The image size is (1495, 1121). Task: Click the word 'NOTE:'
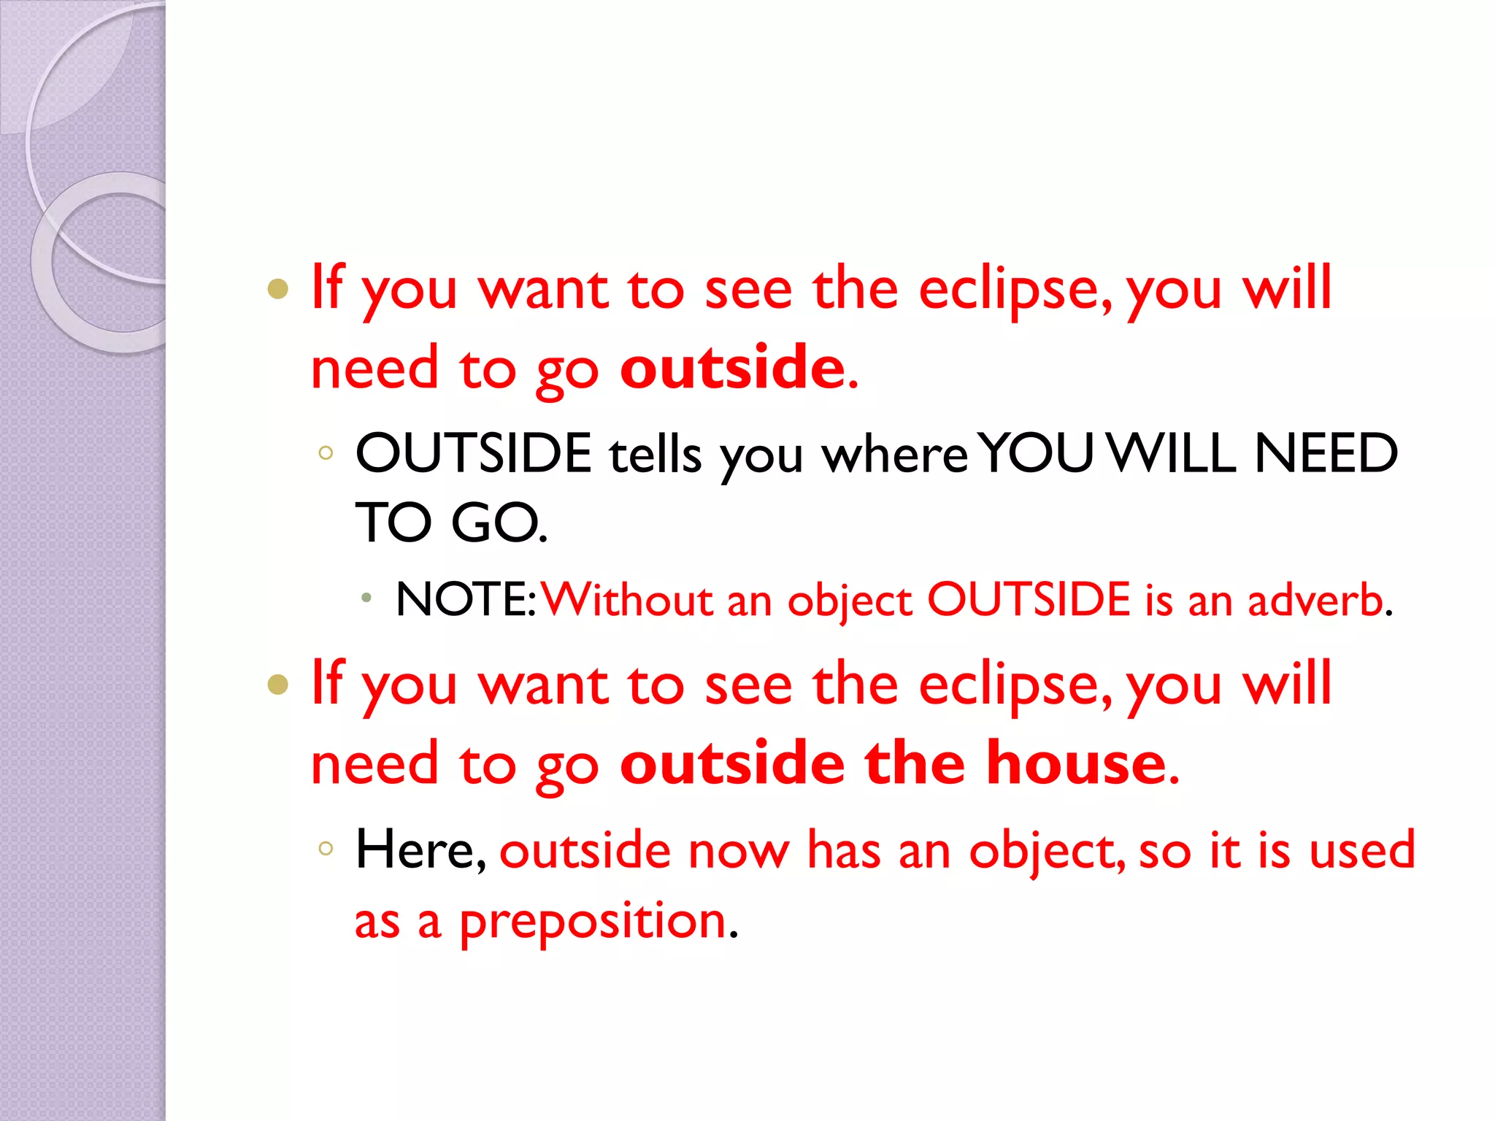pyautogui.click(x=466, y=600)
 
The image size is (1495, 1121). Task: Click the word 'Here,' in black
pyautogui.click(x=420, y=850)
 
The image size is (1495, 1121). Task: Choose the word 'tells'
pyautogui.click(x=655, y=454)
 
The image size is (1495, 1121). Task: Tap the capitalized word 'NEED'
pyautogui.click(x=1325, y=453)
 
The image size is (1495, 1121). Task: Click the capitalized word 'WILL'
pyautogui.click(x=1171, y=453)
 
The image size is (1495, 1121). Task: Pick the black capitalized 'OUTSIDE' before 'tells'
pyautogui.click(x=473, y=453)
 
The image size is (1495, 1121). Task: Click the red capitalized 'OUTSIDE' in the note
pyautogui.click(x=1029, y=600)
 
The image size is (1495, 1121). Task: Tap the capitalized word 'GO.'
pyautogui.click(x=499, y=523)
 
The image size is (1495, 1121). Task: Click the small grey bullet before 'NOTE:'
pyautogui.click(x=366, y=598)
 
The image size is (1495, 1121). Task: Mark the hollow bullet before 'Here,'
pyautogui.click(x=326, y=848)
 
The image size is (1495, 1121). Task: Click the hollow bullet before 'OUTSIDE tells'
pyautogui.click(x=326, y=452)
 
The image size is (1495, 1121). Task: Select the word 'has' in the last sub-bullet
pyautogui.click(x=844, y=850)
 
